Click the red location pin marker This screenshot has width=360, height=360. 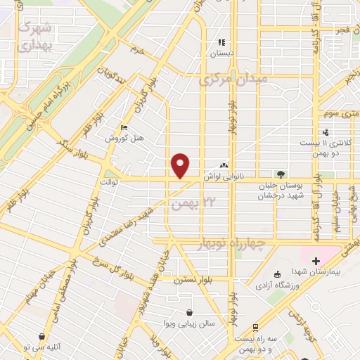pos(181,166)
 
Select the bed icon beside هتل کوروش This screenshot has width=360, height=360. pos(124,127)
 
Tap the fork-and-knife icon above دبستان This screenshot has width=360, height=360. pos(222,42)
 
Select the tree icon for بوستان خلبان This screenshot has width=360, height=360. pos(281,174)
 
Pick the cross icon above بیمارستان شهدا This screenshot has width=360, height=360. pos(316,261)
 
